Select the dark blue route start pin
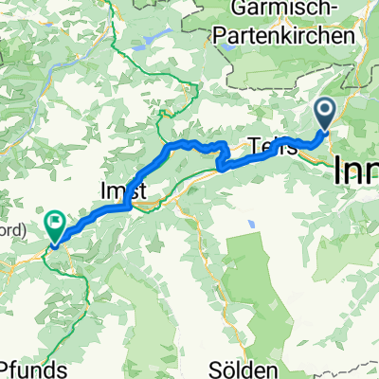pos(324,115)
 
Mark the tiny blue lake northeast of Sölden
pos(251,224)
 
